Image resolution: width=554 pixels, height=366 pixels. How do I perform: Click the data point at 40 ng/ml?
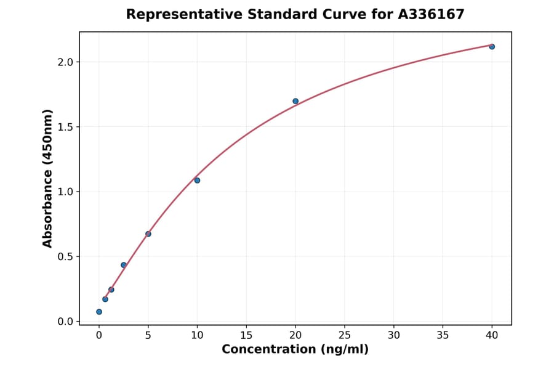tap(492, 47)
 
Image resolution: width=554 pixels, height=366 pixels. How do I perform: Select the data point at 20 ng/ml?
tap(295, 101)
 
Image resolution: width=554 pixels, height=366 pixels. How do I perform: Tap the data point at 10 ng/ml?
tap(197, 181)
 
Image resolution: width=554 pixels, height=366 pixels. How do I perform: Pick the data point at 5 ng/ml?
tap(148, 234)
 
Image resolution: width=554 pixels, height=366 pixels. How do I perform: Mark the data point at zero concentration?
tap(99, 312)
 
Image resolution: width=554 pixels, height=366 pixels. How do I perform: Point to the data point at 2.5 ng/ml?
tap(124, 265)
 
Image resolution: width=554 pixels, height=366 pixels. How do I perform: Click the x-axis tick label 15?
tap(246, 335)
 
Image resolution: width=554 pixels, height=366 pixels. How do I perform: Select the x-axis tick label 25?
tap(345, 335)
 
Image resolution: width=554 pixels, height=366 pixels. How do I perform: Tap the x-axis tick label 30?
tap(394, 335)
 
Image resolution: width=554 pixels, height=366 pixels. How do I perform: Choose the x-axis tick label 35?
tap(443, 335)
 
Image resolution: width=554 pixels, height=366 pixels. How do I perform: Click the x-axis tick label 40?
tap(492, 335)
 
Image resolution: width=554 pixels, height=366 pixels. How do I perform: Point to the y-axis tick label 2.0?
tap(65, 62)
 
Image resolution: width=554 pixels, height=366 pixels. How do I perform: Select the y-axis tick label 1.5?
tap(65, 127)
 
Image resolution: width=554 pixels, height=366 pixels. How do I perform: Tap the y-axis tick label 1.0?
tap(65, 192)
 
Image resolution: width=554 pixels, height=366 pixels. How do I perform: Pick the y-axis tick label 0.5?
tap(65, 257)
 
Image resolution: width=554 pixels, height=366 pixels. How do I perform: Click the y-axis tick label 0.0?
tap(65, 322)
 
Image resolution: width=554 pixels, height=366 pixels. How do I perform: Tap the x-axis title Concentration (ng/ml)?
tap(295, 349)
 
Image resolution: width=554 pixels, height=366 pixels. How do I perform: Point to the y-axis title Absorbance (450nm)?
tap(48, 178)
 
